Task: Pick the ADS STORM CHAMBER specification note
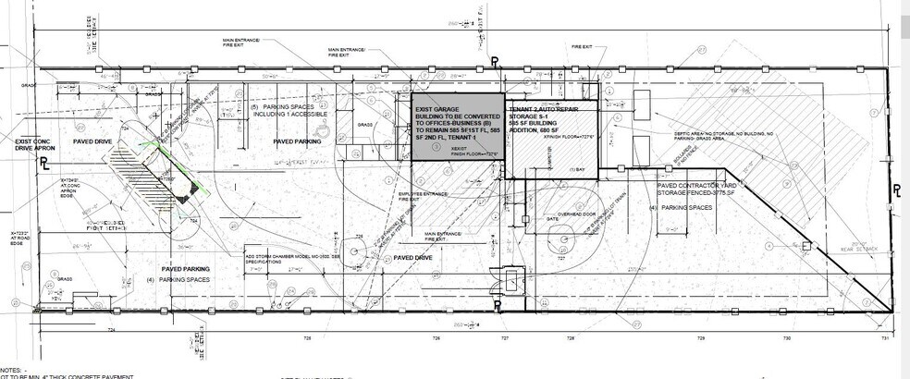pos(277,259)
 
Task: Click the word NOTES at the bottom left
pos(17,368)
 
